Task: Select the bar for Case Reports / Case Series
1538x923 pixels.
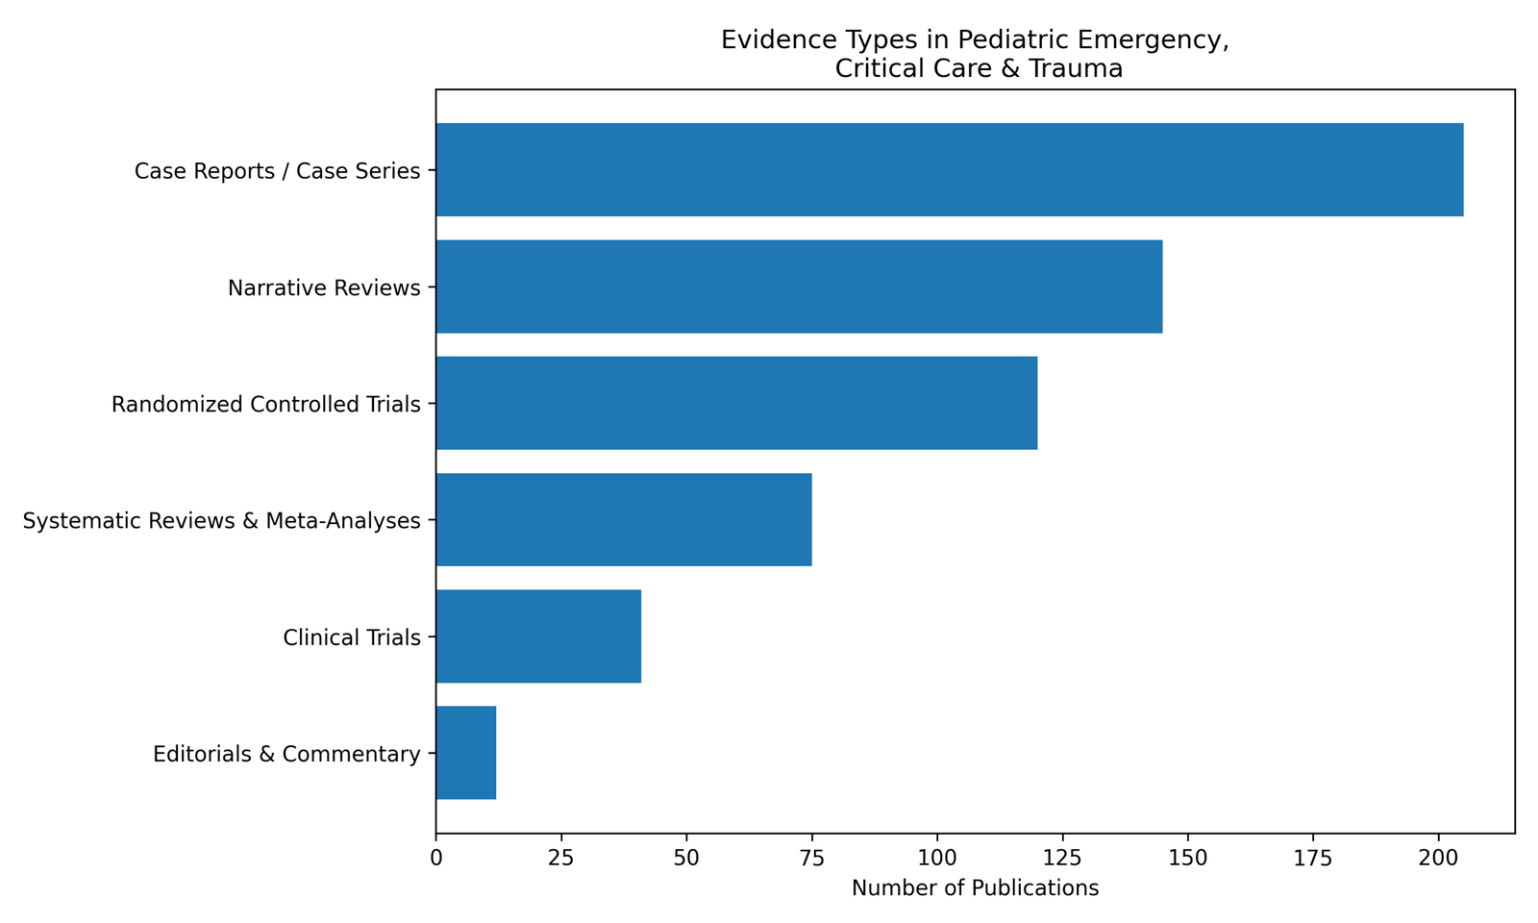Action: pos(950,169)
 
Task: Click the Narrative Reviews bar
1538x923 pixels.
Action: pos(799,287)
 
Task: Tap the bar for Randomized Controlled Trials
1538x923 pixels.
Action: pos(736,403)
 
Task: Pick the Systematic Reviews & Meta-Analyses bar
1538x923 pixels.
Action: pos(624,519)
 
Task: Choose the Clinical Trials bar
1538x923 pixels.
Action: pos(538,636)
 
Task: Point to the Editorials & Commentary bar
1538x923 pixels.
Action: pos(466,753)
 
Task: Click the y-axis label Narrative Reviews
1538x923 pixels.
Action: pos(324,288)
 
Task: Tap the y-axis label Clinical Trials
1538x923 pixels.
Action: pos(352,637)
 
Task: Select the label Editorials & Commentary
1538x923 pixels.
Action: pos(286,755)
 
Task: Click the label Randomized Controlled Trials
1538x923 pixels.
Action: pos(266,405)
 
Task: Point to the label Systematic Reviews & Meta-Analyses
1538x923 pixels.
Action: pos(221,521)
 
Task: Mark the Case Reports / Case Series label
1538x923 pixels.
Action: pos(277,172)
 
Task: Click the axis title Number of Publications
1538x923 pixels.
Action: pos(975,888)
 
